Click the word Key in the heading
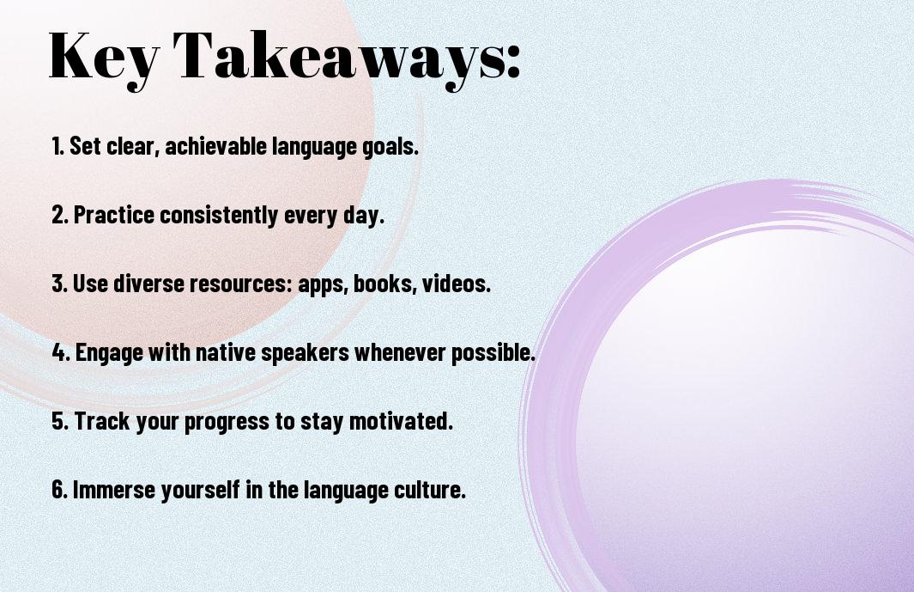tap(104, 58)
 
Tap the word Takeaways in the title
tap(338, 58)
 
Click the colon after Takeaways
tap(513, 62)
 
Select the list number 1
tap(58, 146)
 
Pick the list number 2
tap(59, 215)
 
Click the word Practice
tap(114, 215)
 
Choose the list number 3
tap(59, 284)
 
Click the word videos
tap(457, 284)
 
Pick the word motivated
tap(401, 421)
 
